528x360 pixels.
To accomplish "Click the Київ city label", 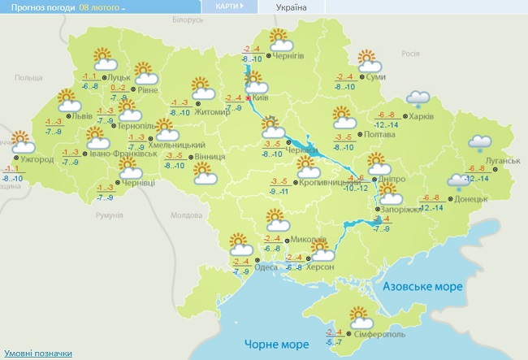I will [261, 97].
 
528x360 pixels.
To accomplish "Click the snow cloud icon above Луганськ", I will [480, 142].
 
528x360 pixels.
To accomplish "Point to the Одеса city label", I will [266, 268].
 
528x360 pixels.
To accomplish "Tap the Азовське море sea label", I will [422, 287].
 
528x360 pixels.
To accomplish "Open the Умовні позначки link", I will [37, 353].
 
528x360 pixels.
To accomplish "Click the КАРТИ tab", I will [228, 7].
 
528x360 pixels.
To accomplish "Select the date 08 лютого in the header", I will [101, 7].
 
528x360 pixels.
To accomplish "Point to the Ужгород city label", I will [38, 159].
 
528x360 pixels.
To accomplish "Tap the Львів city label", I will [82, 116].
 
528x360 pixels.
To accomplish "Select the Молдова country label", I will [186, 215].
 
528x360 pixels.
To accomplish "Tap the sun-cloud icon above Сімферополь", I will [359, 315].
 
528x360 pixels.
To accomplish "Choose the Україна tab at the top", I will [292, 7].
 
